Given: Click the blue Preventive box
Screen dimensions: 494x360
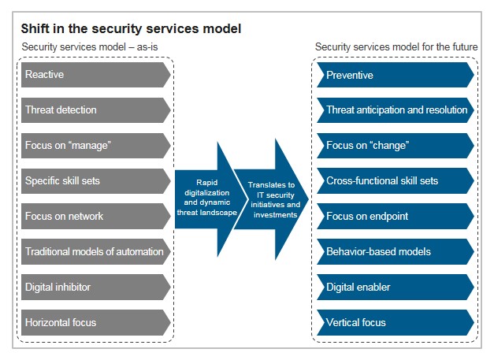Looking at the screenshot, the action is [x=396, y=75].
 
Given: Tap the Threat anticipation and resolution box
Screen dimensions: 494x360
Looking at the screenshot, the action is [x=396, y=110].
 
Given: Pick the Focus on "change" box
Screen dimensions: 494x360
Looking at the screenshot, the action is [x=396, y=146].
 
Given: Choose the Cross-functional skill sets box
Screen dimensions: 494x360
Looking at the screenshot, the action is [x=396, y=180].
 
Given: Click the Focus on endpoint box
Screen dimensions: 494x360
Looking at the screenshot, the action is [x=396, y=216].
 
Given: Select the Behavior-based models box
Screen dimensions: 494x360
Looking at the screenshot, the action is [x=396, y=251].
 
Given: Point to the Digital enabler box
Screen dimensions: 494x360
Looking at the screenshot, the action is [x=396, y=287].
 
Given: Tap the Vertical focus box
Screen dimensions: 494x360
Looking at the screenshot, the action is [x=396, y=322].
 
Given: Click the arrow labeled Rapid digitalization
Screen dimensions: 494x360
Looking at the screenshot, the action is [x=208, y=199].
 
